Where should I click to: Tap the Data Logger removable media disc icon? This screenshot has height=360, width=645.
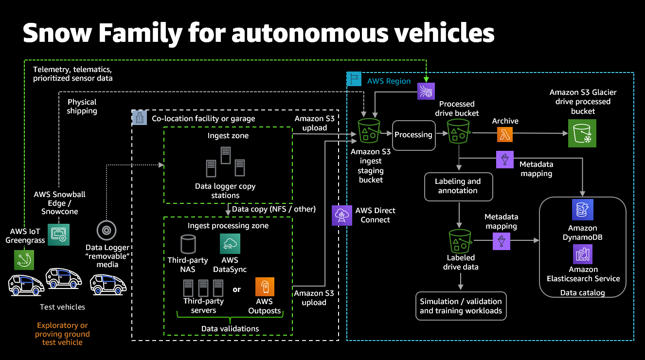point(107,229)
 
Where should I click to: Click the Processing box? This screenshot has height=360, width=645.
point(413,134)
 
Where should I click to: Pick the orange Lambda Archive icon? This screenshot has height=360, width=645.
point(505,134)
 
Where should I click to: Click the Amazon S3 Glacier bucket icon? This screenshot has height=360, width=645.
point(582,133)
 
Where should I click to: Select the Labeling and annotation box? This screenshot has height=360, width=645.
point(458,186)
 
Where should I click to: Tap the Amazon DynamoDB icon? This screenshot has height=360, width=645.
point(582,210)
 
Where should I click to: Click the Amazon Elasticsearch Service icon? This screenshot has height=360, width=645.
point(582,253)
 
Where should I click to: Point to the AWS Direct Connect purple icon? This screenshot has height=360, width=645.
point(341,215)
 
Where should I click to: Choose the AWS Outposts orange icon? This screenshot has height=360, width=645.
point(265,287)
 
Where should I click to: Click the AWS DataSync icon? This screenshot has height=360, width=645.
point(230,244)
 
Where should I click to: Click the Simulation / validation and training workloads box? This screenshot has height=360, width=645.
point(461,306)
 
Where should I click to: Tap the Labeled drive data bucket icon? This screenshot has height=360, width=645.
point(460,240)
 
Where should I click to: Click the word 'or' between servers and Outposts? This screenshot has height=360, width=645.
point(236,289)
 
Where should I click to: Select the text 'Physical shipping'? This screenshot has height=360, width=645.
point(82,107)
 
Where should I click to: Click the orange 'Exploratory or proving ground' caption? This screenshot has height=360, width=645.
point(62,334)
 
